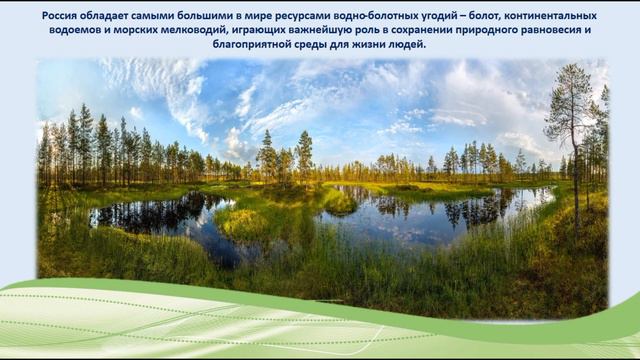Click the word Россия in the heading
coord(62,16)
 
